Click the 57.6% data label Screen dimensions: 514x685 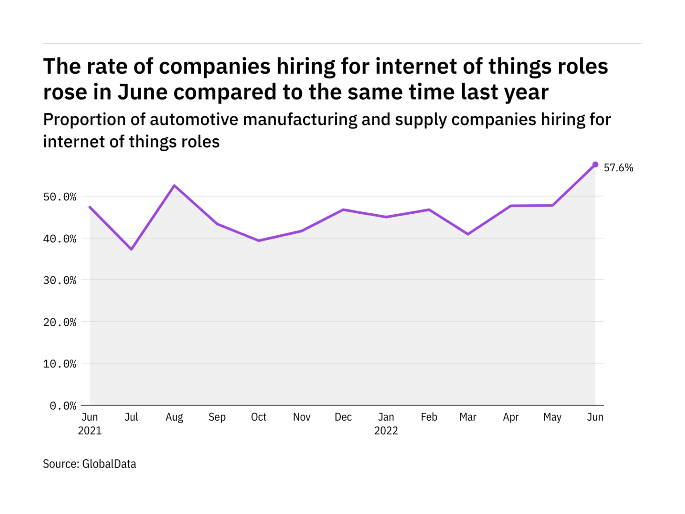tap(618, 168)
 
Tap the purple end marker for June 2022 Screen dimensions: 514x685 tap(595, 165)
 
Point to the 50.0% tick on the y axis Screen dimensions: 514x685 tap(60, 197)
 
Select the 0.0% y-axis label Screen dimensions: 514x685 tap(63, 406)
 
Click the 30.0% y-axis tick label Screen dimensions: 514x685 tap(60, 280)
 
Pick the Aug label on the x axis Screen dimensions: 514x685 tap(174, 417)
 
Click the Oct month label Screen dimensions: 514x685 tap(259, 417)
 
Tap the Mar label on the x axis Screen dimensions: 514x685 tap(468, 417)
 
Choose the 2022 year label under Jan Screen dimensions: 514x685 tap(386, 431)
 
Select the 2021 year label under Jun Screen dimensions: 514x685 tap(90, 431)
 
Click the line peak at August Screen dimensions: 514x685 tap(174, 185)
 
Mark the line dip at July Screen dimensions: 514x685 tap(132, 249)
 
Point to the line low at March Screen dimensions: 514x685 tap(468, 234)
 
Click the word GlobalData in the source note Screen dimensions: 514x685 tap(109, 464)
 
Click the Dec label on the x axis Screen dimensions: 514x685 tap(343, 417)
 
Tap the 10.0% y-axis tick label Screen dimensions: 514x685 tap(60, 364)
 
